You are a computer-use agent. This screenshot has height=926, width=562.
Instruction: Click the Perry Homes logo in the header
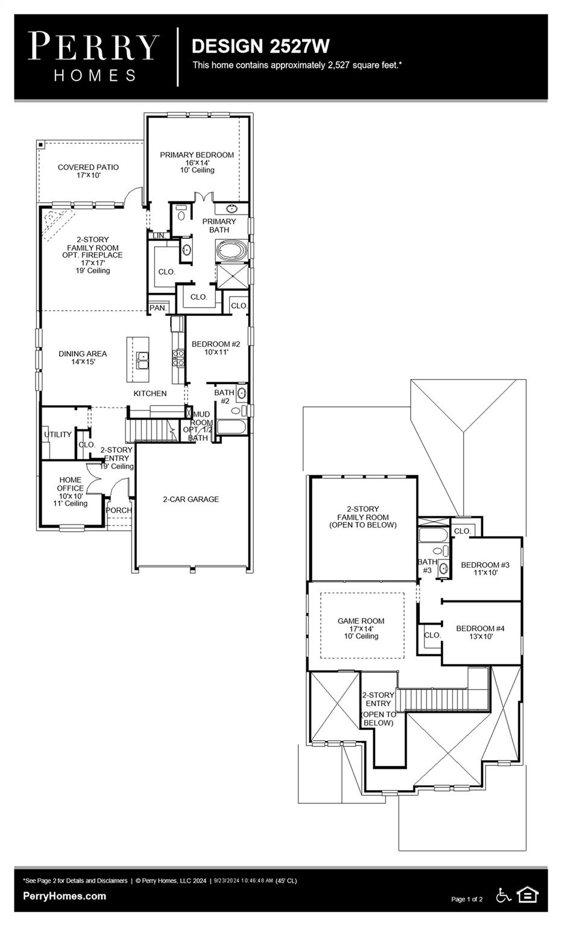(x=93, y=56)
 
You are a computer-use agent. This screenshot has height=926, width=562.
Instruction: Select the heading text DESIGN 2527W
(x=260, y=46)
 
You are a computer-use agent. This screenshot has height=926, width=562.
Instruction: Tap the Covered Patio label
(x=88, y=171)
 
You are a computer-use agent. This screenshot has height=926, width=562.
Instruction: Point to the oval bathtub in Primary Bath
(x=232, y=250)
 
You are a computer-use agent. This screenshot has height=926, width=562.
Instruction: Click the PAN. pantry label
(x=157, y=308)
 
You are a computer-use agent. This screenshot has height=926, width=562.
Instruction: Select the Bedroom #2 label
(x=216, y=348)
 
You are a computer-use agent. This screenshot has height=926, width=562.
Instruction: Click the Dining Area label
(x=83, y=357)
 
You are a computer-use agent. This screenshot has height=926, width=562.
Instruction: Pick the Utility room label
(x=57, y=435)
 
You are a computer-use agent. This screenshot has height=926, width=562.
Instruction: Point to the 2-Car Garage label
(x=191, y=499)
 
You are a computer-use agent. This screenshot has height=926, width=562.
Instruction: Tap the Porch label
(x=119, y=510)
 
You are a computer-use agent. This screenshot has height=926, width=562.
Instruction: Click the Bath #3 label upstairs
(x=427, y=566)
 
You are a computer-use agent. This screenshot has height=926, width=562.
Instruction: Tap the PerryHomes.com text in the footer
(x=65, y=896)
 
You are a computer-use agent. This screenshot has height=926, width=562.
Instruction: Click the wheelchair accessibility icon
(x=503, y=895)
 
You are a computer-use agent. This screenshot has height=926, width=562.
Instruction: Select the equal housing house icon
(x=528, y=895)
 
